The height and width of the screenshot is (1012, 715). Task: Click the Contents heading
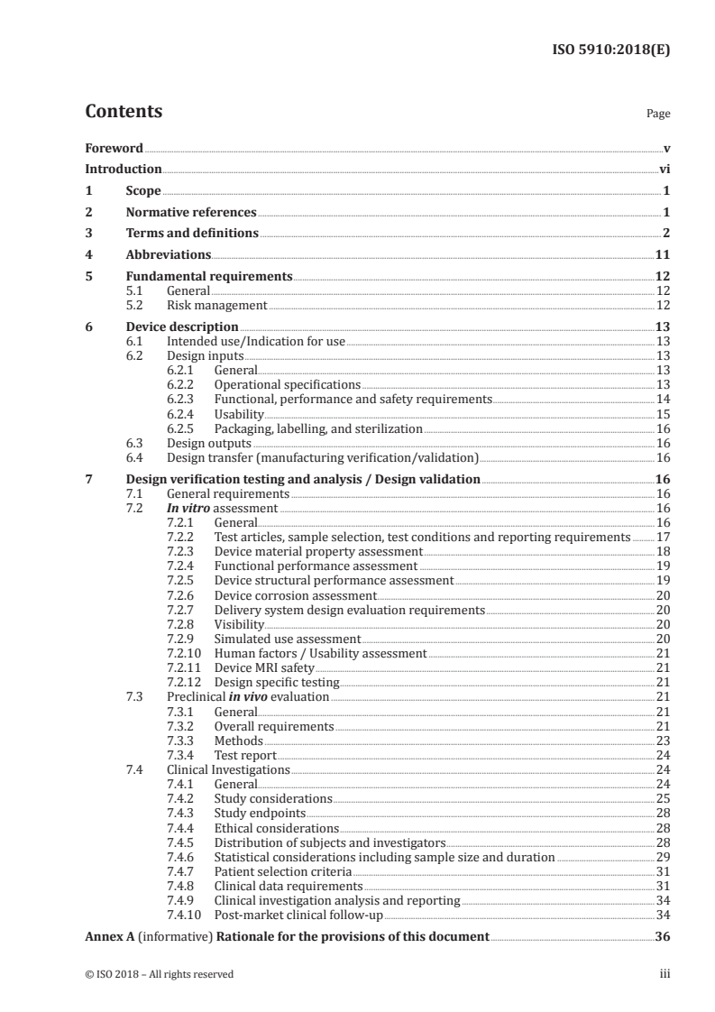pos(124,112)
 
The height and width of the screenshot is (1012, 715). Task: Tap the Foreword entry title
pos(114,148)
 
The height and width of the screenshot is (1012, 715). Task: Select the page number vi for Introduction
pos(664,170)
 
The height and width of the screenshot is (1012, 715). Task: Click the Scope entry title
pos(143,191)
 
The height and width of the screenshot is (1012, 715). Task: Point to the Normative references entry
pos(191,213)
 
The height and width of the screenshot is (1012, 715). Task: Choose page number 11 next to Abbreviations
pos(662,255)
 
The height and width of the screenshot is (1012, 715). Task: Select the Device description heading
pos(182,327)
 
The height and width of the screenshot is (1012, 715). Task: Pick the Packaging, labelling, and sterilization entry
pos(318,428)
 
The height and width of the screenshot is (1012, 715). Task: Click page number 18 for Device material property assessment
pos(663,551)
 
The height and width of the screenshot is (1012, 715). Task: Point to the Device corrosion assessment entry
pos(295,595)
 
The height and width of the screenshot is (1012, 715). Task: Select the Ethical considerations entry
pos(277,828)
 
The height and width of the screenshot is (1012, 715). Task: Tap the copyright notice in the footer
pos(159,974)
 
